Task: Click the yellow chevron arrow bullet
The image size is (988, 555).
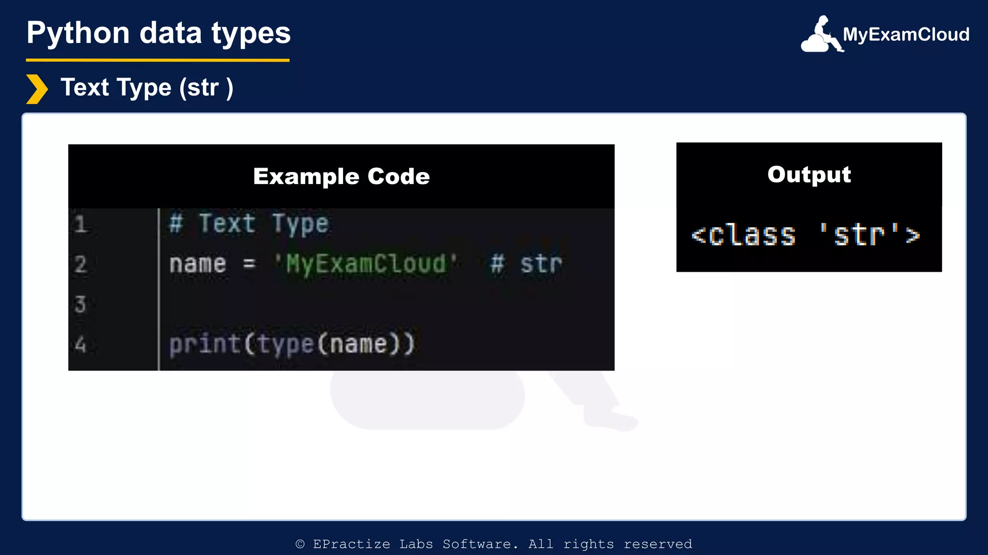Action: [x=37, y=89]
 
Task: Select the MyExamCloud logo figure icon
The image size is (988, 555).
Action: [x=822, y=35]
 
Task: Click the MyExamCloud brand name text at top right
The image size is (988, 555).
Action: [x=906, y=35]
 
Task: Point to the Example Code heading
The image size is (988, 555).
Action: [x=341, y=176]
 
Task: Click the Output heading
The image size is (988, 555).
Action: [x=809, y=174]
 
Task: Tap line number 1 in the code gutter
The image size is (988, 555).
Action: [x=81, y=225]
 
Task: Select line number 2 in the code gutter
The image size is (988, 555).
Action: [x=81, y=264]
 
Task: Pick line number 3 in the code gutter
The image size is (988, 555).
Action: [x=81, y=304]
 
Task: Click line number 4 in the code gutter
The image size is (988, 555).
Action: [x=81, y=344]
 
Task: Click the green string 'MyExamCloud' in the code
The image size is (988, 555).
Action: [x=366, y=264]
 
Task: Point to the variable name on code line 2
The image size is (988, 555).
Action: [x=197, y=264]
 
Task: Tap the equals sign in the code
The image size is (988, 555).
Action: [x=249, y=264]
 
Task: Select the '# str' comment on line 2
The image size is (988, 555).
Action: [x=526, y=264]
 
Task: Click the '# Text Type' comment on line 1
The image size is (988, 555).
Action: [x=249, y=224]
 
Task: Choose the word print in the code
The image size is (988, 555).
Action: [x=205, y=344]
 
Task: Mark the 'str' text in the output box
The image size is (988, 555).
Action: [x=859, y=235]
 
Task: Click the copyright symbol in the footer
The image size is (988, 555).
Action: [x=300, y=544]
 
